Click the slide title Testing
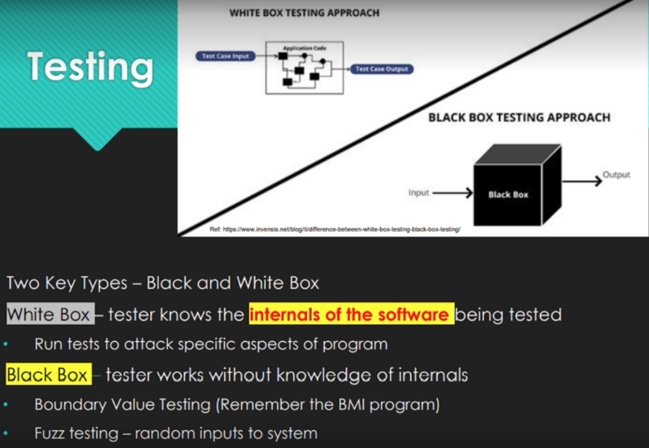pyautogui.click(x=90, y=68)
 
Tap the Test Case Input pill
pyautogui.click(x=225, y=56)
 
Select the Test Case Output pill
pyautogui.click(x=382, y=69)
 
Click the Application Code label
pyautogui.click(x=304, y=48)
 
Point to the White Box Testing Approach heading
pyautogui.click(x=304, y=13)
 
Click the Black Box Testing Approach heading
pyautogui.click(x=519, y=117)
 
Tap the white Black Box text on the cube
pyautogui.click(x=508, y=195)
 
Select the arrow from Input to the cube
pyautogui.click(x=453, y=193)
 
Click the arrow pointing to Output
pyautogui.click(x=582, y=181)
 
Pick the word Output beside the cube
pyautogui.click(x=616, y=175)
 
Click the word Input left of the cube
pyautogui.click(x=418, y=193)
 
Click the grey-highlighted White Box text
pyautogui.click(x=50, y=314)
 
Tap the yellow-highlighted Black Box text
pyautogui.click(x=49, y=374)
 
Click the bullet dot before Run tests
pyautogui.click(x=5, y=344)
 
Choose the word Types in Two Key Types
pyautogui.click(x=104, y=283)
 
